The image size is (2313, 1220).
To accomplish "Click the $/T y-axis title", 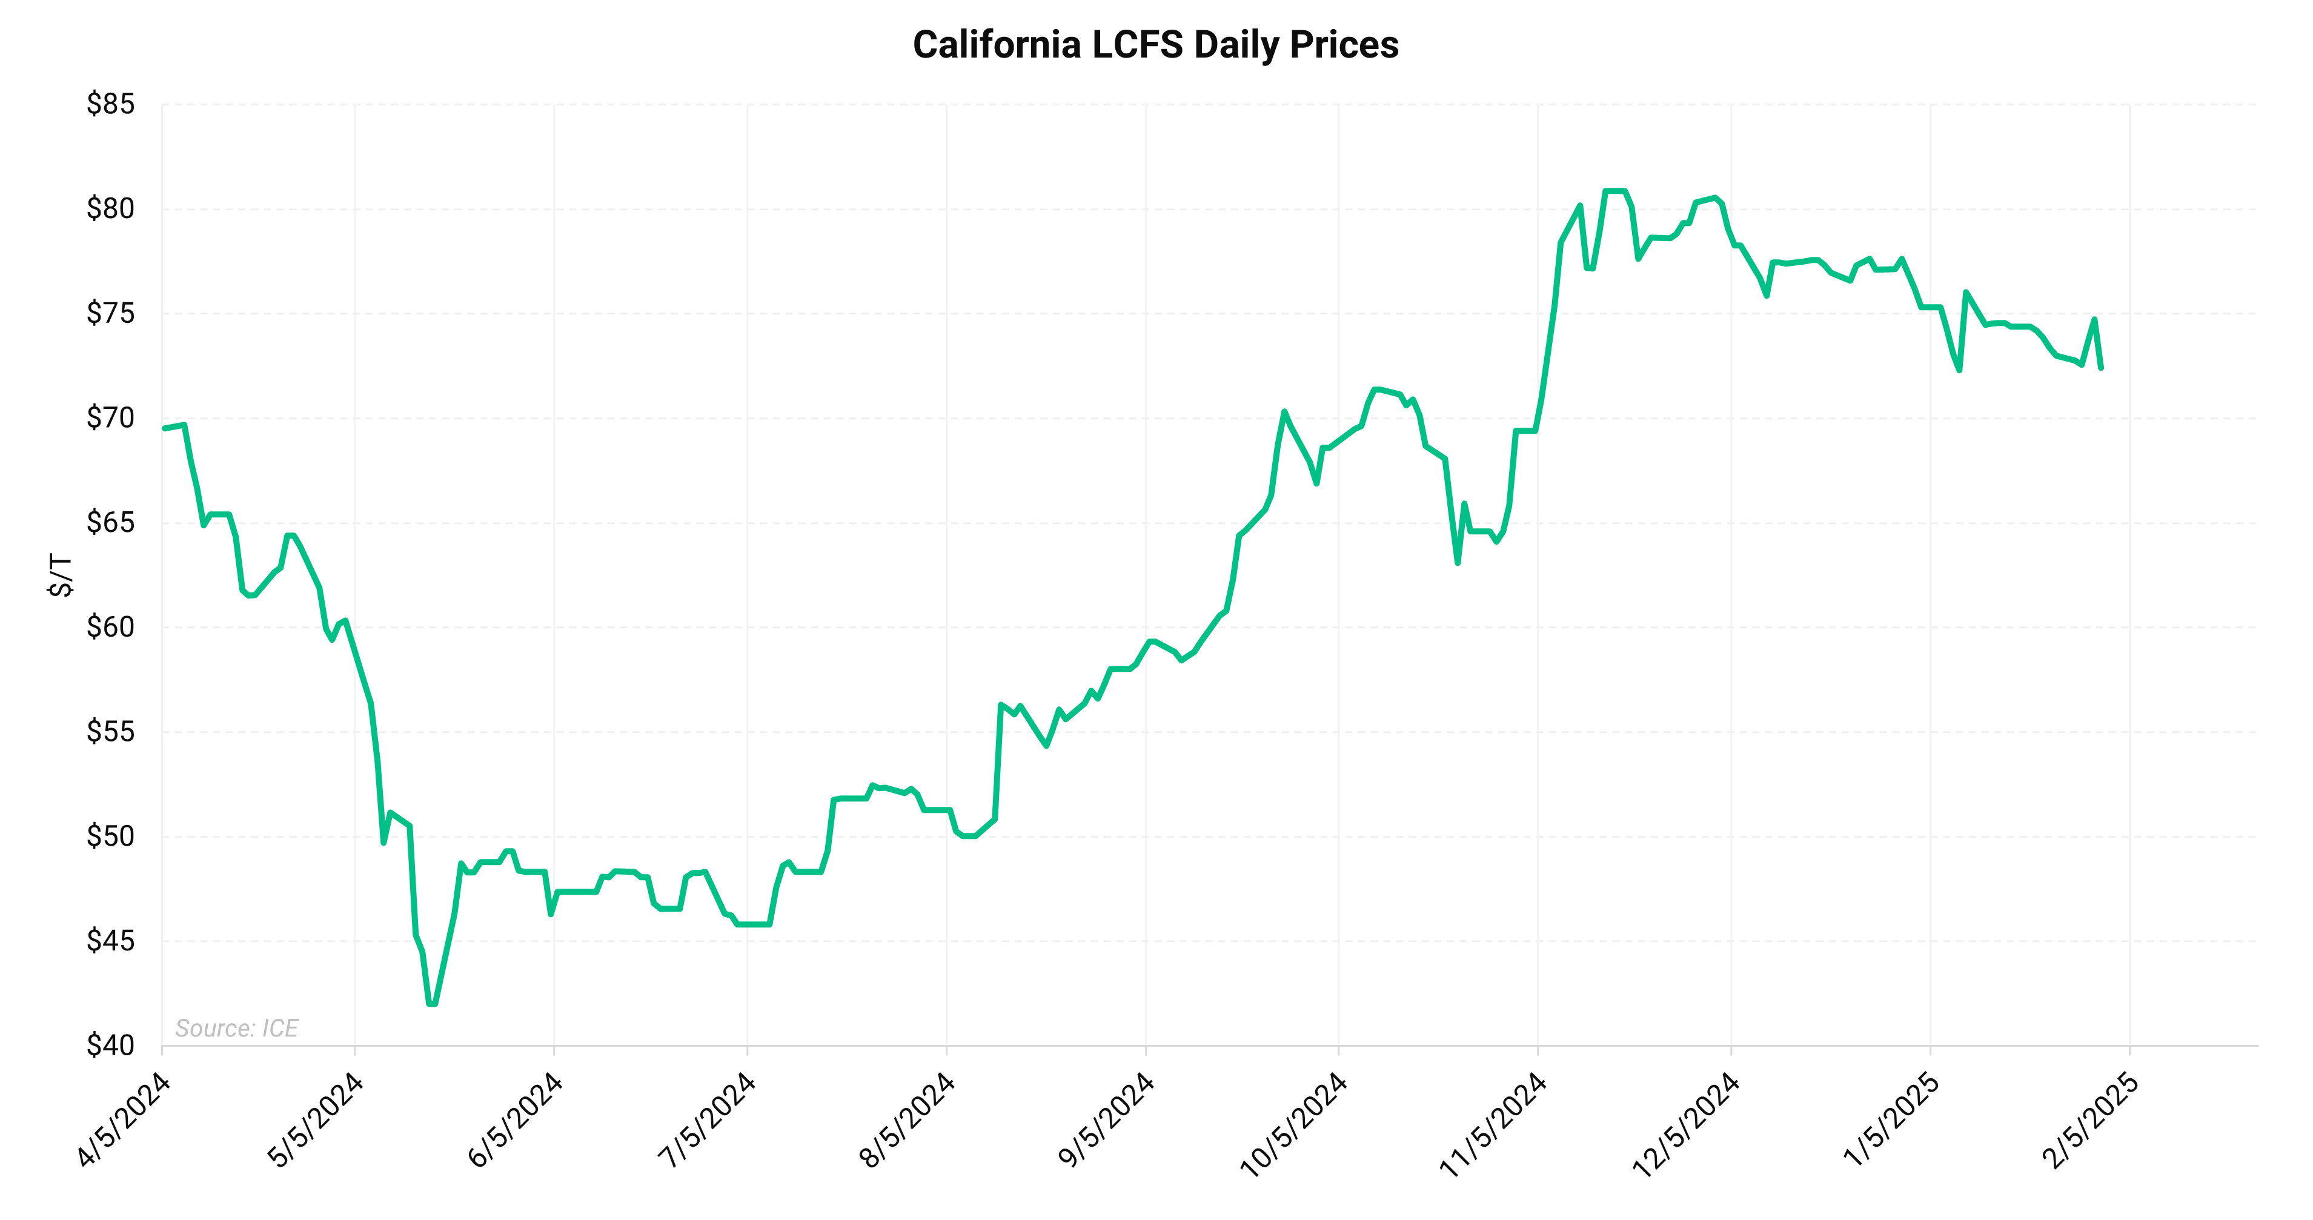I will click(60, 575).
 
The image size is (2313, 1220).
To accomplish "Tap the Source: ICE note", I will click(236, 1028).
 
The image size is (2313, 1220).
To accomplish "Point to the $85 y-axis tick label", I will click(110, 104).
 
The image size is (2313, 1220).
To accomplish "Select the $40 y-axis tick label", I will click(110, 1045).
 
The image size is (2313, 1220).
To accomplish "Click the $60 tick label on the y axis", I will click(110, 626).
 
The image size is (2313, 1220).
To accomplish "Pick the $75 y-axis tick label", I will click(110, 313).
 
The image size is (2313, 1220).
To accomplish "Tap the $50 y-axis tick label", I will click(110, 836).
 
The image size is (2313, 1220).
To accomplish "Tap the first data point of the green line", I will click(164, 428).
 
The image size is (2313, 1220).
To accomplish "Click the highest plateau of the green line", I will click(1614, 191).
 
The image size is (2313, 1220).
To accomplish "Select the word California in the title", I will click(997, 45).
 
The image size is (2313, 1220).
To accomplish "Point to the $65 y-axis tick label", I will click(110, 523).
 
